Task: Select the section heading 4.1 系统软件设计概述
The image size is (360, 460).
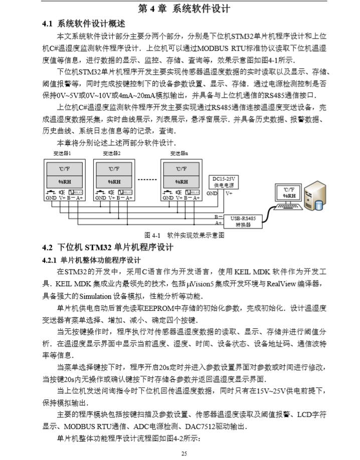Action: coord(87,24)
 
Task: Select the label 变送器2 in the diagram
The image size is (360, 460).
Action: coord(112,153)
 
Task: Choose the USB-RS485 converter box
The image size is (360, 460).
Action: coord(243,221)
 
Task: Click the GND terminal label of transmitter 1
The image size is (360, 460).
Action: coord(51,198)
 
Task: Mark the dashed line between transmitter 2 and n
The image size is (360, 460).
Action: coord(145,179)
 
